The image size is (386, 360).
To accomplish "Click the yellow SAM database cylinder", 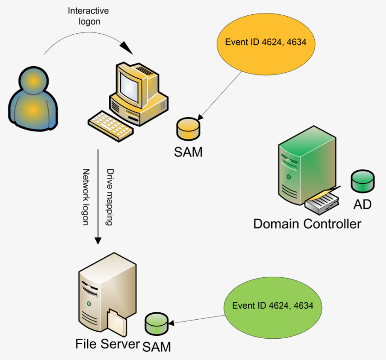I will coord(188,129).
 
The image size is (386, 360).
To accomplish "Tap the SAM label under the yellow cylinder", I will coord(188,151).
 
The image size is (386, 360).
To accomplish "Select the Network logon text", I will coord(86,197).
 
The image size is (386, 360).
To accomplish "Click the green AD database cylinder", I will coord(362,181).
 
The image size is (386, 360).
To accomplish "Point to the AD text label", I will coord(362,204).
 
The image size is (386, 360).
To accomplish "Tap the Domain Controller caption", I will coord(307,224).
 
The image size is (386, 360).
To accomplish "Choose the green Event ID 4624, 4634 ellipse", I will coord(272,306).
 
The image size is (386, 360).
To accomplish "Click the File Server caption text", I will coord(107,344).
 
